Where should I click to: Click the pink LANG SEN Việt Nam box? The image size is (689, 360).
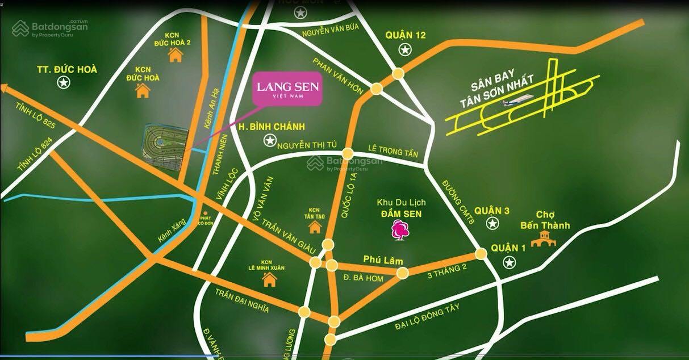(x=287, y=90)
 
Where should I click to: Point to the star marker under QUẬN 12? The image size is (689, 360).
(x=404, y=50)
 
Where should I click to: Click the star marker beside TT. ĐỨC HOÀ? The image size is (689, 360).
(x=63, y=83)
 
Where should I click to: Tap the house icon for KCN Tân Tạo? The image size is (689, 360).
(x=315, y=227)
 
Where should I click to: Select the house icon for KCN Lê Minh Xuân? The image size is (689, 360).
(x=269, y=279)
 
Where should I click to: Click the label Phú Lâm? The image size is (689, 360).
(x=383, y=261)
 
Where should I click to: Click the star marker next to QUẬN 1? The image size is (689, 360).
(x=510, y=262)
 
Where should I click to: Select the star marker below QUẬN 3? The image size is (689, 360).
(x=492, y=224)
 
